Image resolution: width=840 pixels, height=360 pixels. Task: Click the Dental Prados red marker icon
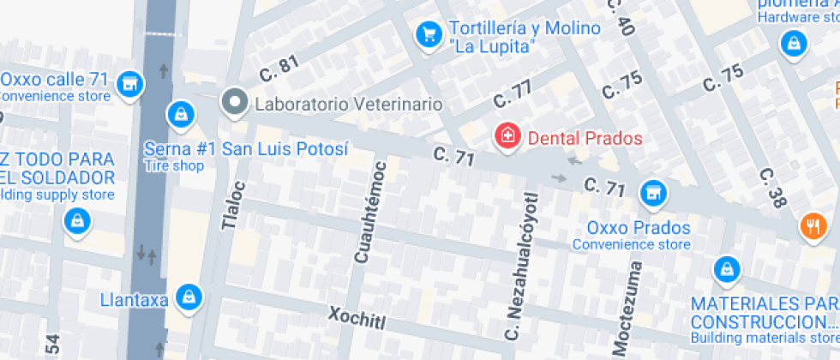pyautogui.click(x=507, y=135)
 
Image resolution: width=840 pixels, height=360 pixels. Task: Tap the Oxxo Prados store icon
pyautogui.click(x=653, y=194)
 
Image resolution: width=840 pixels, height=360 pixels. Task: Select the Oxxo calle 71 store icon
pyautogui.click(x=129, y=83)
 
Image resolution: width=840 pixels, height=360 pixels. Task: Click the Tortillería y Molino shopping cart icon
pyautogui.click(x=428, y=34)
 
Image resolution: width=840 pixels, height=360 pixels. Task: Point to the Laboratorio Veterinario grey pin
pyautogui.click(x=233, y=103)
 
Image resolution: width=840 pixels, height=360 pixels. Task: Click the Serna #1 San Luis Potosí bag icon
pyautogui.click(x=180, y=113)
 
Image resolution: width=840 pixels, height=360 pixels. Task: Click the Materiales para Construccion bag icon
pyautogui.click(x=726, y=269)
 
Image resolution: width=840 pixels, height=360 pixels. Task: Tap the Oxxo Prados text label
pyautogui.click(x=639, y=228)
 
